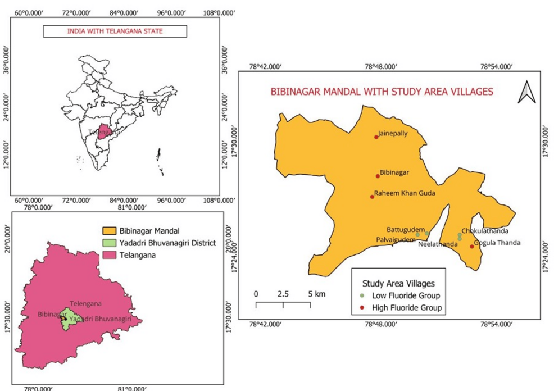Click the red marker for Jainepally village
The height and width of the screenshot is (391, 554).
click(x=376, y=137)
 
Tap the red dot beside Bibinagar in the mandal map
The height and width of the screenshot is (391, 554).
click(x=378, y=176)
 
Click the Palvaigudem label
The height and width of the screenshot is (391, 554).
click(x=396, y=240)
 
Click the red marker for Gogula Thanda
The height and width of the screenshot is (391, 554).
click(x=472, y=246)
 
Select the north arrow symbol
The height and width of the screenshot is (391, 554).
click(x=526, y=92)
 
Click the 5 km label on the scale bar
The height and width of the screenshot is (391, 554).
click(x=316, y=294)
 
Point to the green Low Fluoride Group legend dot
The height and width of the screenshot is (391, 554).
click(x=362, y=295)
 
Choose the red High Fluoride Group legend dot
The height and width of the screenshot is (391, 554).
click(x=362, y=307)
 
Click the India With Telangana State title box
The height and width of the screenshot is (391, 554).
click(x=115, y=31)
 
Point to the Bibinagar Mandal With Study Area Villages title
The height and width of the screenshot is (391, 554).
click(x=382, y=90)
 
